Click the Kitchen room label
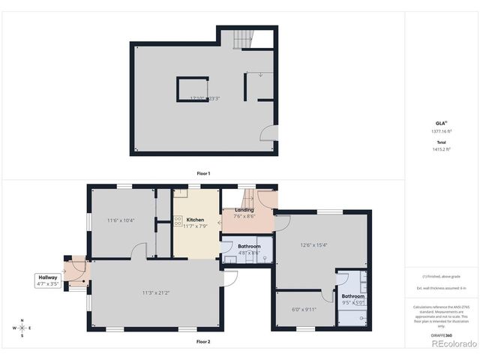tap(195, 220)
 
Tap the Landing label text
tap(244, 210)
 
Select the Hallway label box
tap(46, 280)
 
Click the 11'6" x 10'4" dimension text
tap(120, 220)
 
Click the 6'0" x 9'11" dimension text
tap(304, 309)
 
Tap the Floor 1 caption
tap(203, 173)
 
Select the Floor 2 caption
tap(203, 341)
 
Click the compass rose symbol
tap(22, 328)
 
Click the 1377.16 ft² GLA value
tap(441, 131)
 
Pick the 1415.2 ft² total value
tap(441, 148)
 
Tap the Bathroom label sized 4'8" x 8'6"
tap(249, 250)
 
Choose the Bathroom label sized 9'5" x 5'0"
tap(353, 300)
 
